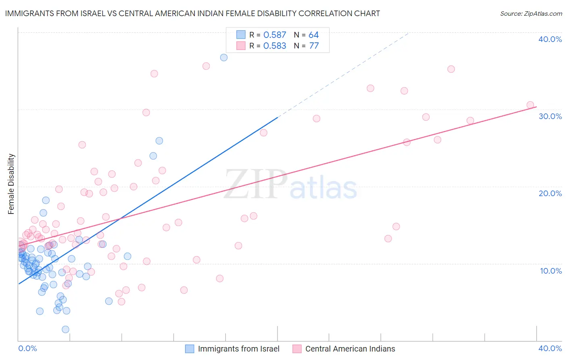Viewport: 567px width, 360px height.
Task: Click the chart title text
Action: (192, 13)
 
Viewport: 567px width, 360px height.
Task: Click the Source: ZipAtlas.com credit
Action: (531, 13)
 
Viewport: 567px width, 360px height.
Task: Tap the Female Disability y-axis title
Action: (11, 184)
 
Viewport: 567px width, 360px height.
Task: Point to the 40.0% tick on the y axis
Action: (550, 39)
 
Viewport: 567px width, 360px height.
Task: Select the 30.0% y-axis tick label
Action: (550, 116)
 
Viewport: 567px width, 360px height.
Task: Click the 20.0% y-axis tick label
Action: (550, 193)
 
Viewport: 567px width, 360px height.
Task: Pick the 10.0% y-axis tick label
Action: (551, 271)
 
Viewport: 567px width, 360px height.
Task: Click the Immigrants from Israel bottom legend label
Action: (238, 349)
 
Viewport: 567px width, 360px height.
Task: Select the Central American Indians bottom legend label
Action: (350, 349)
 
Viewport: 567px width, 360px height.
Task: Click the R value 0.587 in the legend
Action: (275, 35)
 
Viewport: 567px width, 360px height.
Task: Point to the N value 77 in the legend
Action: (314, 46)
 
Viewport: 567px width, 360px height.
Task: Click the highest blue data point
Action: (224, 57)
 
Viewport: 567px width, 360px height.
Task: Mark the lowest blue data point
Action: (65, 329)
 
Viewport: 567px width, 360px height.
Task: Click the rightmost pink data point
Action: (530, 105)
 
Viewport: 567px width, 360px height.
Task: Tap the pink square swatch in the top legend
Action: (241, 46)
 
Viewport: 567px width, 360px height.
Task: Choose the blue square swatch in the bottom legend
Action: (190, 349)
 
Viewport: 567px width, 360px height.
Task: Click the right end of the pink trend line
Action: (536, 107)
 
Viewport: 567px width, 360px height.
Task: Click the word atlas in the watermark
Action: (323, 188)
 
